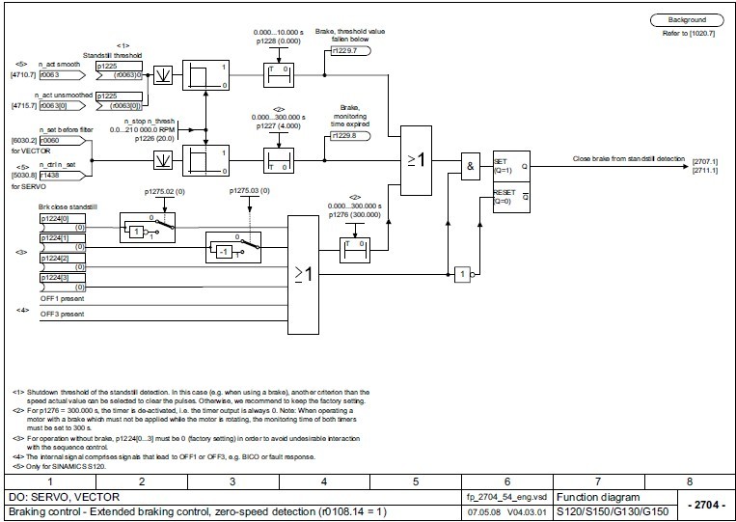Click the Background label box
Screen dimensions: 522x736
pos(687,19)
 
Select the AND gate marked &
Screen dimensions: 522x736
pos(472,166)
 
